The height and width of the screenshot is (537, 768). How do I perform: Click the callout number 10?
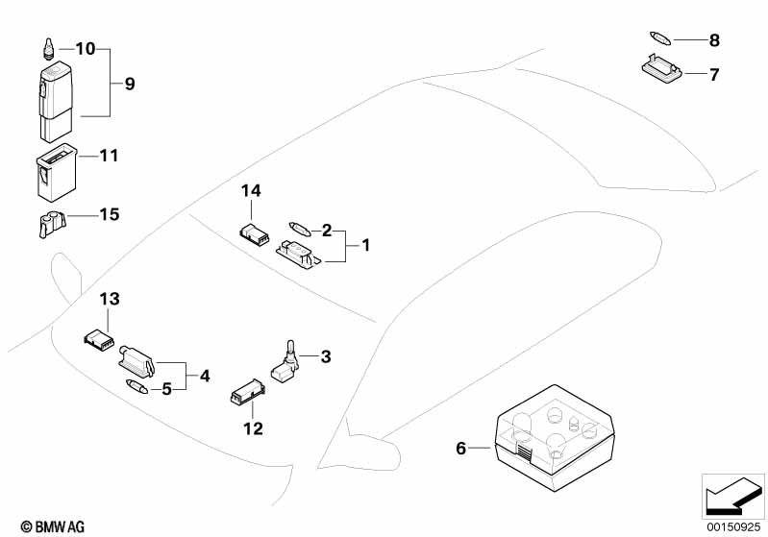(86, 48)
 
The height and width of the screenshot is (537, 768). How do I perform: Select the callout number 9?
(130, 84)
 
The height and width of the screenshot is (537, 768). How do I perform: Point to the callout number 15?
(110, 214)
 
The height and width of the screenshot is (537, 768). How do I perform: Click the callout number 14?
(250, 192)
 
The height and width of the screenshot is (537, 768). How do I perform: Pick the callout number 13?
(109, 300)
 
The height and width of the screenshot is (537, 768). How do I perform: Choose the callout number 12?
(253, 428)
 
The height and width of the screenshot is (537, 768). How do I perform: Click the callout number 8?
(714, 40)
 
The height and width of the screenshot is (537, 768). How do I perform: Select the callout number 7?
(714, 74)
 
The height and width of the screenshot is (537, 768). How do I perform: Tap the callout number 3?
(326, 357)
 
